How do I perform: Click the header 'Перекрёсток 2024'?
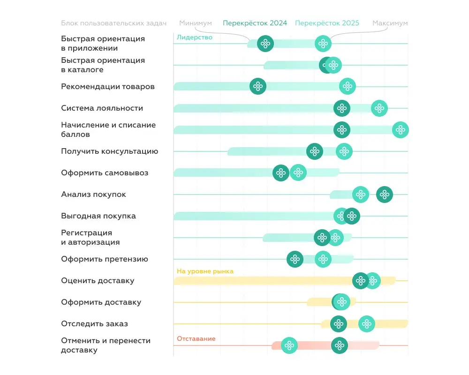[255, 23]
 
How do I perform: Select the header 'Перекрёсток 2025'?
[327, 23]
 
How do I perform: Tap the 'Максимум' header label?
[390, 23]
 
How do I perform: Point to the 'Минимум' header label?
[196, 23]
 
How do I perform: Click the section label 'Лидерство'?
[194, 37]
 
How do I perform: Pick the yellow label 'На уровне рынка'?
[205, 271]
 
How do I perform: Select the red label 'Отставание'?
[196, 338]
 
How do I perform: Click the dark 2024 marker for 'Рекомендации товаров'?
[258, 86]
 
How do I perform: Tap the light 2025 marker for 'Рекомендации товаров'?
[348, 86]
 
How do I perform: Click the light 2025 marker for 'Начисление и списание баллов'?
[401, 130]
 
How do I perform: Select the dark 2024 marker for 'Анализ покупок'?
[385, 195]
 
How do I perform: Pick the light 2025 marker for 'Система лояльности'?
[379, 108]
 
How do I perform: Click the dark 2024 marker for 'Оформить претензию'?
[295, 259]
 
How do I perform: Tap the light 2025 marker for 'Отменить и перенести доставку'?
[289, 346]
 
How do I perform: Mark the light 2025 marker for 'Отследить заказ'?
[367, 324]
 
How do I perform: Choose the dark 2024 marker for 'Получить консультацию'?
[315, 151]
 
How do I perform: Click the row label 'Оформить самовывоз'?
[105, 173]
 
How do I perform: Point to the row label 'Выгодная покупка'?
[98, 216]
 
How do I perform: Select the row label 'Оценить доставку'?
[98, 281]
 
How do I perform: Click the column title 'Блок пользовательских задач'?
[113, 23]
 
